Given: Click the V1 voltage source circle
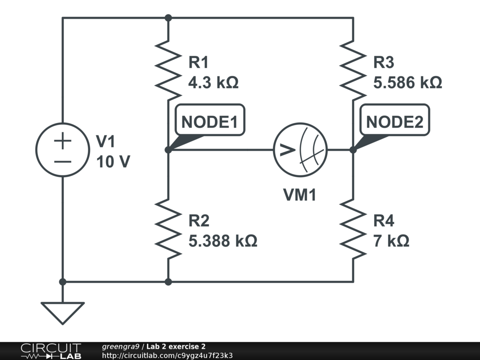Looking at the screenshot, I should pos(62,150).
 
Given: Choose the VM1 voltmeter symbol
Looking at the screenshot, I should pos(300,150).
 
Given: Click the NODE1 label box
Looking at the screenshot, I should pos(210,122).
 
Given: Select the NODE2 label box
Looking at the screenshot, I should pos(394,122).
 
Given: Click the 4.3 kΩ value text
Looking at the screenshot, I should pos(213,83).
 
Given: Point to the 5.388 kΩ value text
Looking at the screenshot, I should pos(223,241).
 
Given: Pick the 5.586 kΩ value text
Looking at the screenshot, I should pos(407,83).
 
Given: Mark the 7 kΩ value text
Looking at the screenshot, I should pos(391,241).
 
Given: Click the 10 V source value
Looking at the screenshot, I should pos(113,162).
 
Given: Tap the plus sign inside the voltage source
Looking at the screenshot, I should pos(62,141).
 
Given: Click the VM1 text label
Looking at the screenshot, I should pos(300,195).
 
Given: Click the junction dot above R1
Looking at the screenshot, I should pos(168,18).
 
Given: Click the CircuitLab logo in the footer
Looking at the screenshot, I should pos(51,351).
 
